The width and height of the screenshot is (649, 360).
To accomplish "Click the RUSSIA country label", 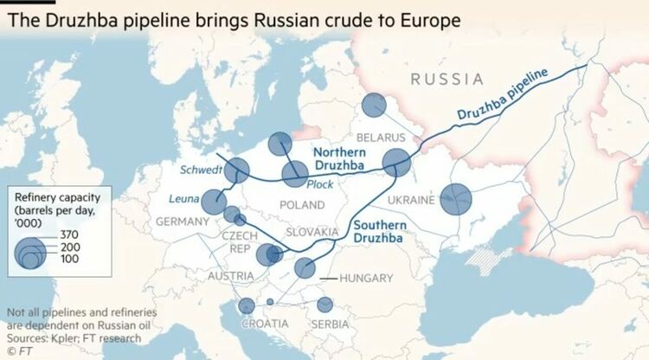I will tap(447, 80).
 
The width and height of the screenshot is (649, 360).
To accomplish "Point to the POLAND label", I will tap(301, 204).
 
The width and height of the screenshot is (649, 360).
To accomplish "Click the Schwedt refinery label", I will tap(202, 169).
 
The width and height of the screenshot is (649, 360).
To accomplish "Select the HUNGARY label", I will tap(367, 278).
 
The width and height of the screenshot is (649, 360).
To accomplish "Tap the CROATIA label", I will tap(264, 323).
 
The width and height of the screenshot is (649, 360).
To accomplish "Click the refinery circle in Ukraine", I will tap(456, 199).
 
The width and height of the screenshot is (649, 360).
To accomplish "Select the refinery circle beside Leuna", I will tap(214, 202).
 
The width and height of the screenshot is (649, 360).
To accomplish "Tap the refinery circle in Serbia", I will tap(324, 305).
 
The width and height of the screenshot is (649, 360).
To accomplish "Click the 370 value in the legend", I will tap(69, 235).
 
